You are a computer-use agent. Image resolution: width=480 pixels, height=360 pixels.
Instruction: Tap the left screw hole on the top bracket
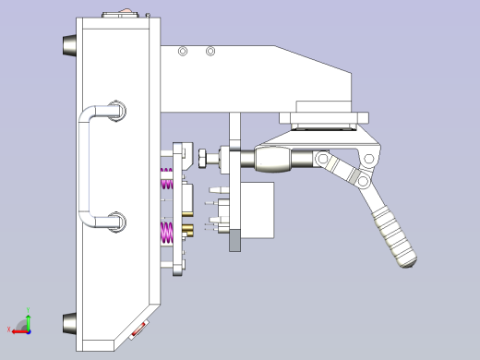click(x=183, y=51)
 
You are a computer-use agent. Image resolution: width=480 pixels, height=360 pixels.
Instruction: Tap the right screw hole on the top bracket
click(x=211, y=51)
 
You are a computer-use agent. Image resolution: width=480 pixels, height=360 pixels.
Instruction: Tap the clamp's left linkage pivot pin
click(x=323, y=161)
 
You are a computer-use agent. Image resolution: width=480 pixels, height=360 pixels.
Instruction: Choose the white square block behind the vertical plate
click(x=258, y=210)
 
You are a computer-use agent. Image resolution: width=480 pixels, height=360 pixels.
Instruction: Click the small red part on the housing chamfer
click(x=140, y=329)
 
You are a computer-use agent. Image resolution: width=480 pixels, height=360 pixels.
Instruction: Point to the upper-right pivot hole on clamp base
click(x=370, y=160)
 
